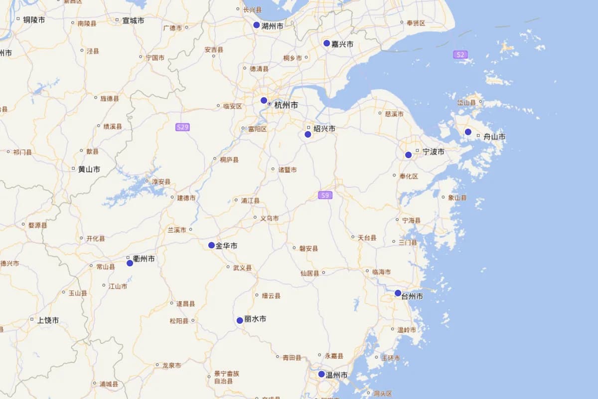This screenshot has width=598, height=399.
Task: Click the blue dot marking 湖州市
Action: click(257, 25)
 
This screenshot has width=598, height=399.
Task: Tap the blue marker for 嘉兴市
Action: click(327, 43)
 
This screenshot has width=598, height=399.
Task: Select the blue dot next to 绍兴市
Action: click(308, 134)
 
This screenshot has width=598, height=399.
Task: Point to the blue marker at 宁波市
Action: click(409, 155)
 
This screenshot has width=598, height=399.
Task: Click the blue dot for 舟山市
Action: click(468, 132)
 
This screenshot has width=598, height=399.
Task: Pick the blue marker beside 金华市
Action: click(211, 245)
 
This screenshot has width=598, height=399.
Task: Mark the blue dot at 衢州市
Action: click(130, 263)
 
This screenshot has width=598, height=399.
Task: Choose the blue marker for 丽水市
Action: click(240, 320)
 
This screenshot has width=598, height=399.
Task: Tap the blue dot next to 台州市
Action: click(398, 293)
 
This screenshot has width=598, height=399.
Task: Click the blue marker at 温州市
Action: click(321, 374)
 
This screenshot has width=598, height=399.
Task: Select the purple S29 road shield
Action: click(182, 127)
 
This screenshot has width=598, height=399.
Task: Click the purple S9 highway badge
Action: click(325, 195)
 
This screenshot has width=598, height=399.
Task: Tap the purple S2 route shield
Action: click(460, 54)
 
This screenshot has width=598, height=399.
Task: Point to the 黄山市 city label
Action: click(89, 169)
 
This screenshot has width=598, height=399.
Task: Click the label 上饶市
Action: click(48, 320)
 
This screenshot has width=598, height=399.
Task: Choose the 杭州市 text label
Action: click(286, 105)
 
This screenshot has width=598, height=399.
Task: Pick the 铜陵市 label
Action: click(34, 20)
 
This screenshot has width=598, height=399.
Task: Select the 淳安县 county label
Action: click(161, 182)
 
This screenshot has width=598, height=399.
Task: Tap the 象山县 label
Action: click(457, 198)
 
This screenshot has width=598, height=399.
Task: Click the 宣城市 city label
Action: click(133, 20)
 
